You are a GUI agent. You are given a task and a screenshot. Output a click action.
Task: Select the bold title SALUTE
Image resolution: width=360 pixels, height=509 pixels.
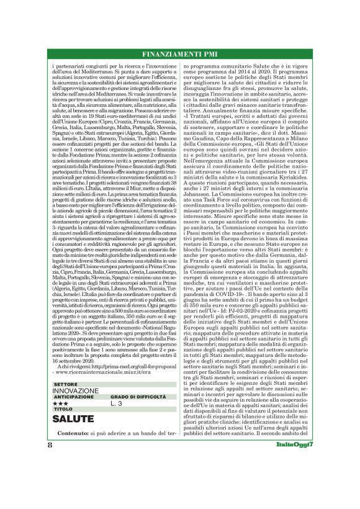click(73, 419)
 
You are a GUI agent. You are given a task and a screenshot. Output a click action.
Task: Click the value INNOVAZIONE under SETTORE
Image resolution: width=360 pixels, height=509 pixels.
click(75, 390)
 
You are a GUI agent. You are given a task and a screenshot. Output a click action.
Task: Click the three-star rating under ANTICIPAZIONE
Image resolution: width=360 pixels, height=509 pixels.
click(61, 403)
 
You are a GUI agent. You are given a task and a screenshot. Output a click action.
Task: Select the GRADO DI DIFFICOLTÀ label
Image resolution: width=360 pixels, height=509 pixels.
click(136, 397)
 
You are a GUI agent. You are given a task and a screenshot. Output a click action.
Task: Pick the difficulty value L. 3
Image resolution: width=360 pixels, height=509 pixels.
click(117, 403)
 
